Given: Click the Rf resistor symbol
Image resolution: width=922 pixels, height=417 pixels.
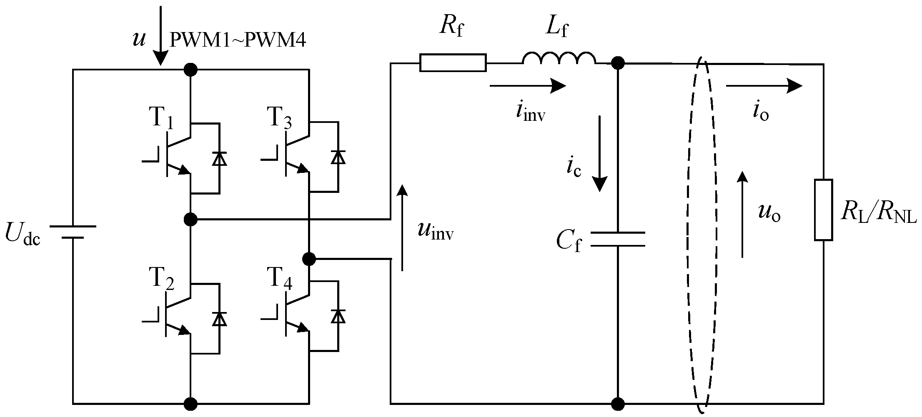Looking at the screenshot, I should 453,63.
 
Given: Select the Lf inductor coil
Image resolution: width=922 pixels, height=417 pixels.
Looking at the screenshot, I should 559,60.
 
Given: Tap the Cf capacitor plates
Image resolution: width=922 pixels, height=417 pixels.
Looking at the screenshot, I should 618,239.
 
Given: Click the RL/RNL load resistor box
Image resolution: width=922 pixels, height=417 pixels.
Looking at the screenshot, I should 823,210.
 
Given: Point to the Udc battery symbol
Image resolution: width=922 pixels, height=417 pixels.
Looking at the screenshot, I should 73,232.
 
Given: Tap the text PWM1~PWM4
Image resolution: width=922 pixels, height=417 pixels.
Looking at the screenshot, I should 238,41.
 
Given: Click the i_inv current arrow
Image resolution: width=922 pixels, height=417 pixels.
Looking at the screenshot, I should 527,86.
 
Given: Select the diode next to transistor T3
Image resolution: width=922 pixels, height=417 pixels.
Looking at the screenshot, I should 338,157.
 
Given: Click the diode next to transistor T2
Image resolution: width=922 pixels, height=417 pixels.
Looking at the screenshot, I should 219,318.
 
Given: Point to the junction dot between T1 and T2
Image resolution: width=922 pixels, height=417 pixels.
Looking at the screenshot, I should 190,218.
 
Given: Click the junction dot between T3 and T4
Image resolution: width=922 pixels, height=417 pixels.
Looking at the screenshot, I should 309,259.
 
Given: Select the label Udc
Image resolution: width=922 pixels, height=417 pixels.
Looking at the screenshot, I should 23,234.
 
